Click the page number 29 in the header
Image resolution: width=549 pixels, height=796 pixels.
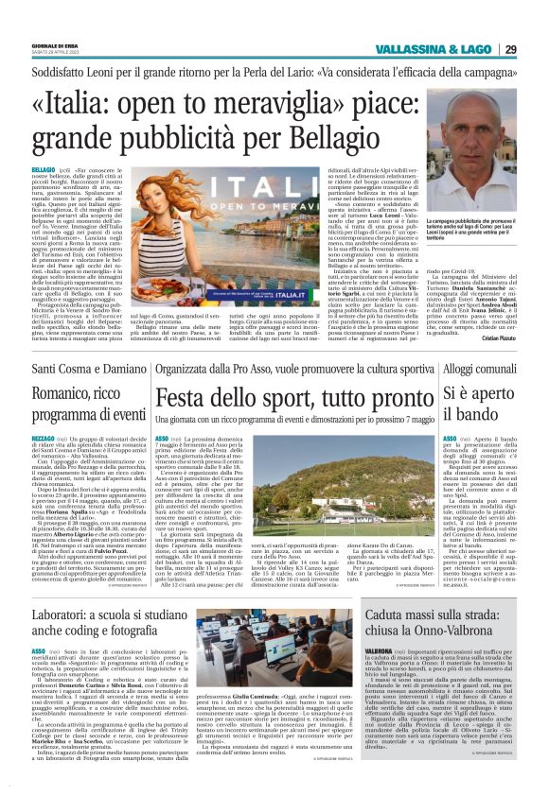pos(537,49)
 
